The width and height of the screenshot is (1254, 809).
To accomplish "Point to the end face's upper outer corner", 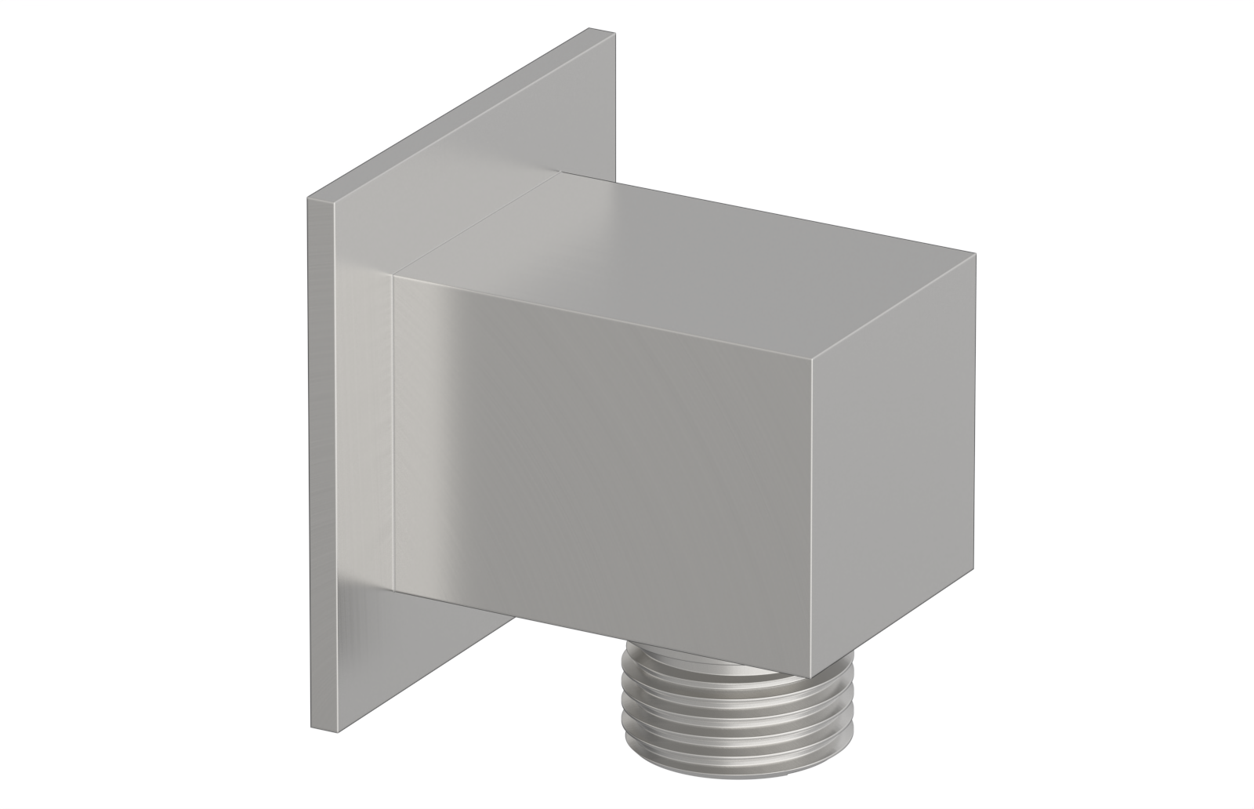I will click(975, 254).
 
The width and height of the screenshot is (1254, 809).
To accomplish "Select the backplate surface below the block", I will click(439, 658).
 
